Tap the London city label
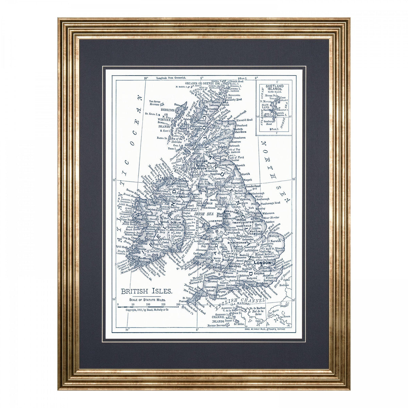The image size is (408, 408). [x=262, y=263]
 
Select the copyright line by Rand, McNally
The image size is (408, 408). [x=148, y=310]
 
